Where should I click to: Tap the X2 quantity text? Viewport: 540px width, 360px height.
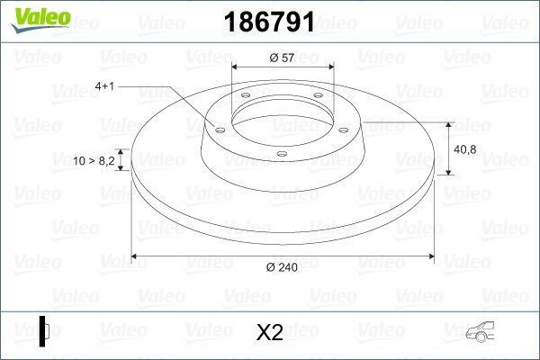tap(270, 333)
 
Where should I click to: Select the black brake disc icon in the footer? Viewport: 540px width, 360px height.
tap(44, 331)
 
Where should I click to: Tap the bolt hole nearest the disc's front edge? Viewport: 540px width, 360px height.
tap(281, 154)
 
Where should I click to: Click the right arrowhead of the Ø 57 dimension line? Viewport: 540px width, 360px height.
tap(331, 67)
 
